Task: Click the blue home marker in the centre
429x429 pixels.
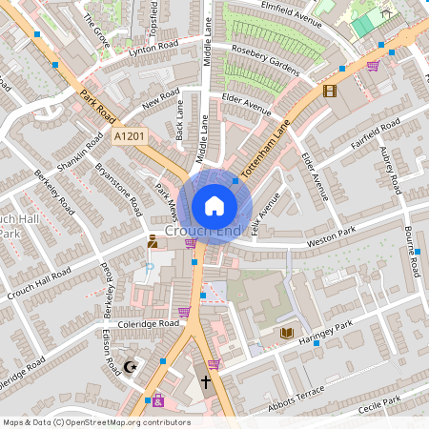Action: pos(214,205)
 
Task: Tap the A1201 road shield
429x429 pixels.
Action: pos(129,138)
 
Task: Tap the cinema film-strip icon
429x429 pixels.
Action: pos(330,91)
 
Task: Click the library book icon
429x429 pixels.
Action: pos(286,332)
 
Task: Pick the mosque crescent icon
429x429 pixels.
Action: pos(132,366)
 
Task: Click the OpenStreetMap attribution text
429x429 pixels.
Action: pos(95,422)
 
